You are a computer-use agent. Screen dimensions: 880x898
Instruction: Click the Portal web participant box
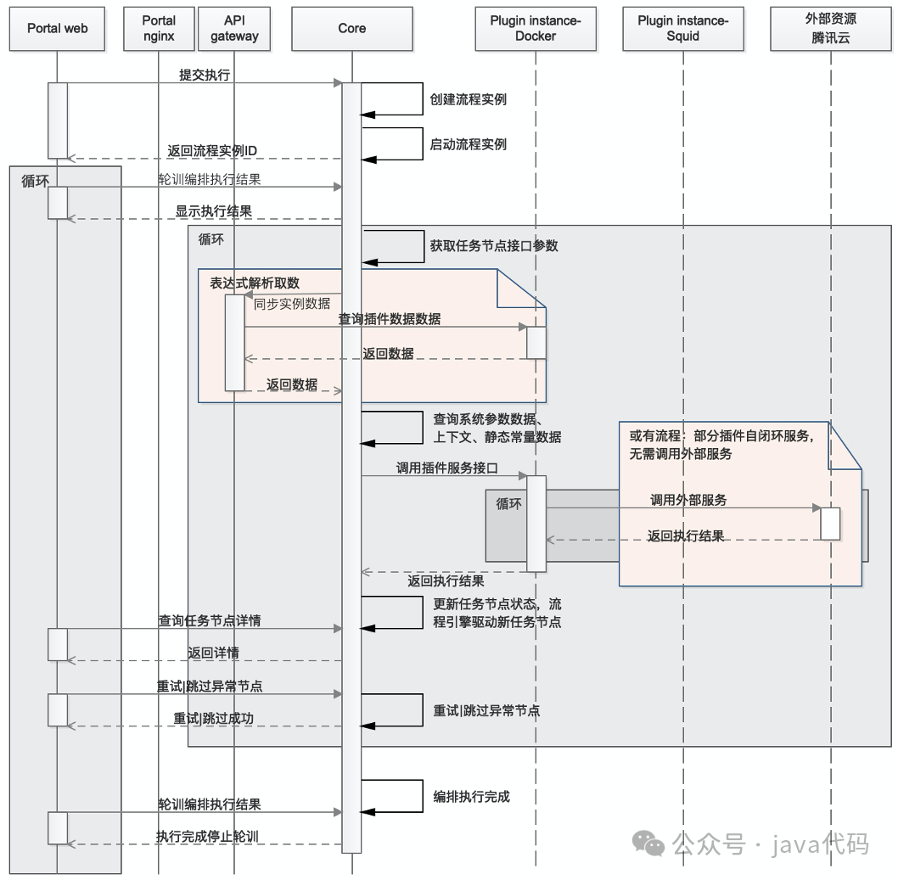tap(57, 28)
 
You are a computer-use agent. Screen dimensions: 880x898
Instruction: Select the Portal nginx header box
tap(159, 28)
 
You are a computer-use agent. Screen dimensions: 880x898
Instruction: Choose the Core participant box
tap(351, 28)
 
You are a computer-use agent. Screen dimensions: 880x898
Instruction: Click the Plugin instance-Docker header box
tap(536, 28)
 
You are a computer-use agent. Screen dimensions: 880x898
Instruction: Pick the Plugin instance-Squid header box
tap(683, 28)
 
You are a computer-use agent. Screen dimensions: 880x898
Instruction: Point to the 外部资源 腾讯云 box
tap(831, 28)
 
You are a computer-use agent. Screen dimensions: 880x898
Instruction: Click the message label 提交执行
tap(205, 75)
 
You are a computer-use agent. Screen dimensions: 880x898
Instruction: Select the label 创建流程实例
tap(469, 99)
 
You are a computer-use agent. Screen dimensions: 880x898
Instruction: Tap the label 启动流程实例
tap(469, 144)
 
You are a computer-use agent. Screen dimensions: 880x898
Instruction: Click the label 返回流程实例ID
tap(212, 151)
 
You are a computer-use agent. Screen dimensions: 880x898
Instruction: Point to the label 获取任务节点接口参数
tap(494, 246)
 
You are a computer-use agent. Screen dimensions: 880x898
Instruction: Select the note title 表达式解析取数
tap(255, 283)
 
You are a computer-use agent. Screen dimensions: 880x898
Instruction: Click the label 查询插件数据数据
tap(390, 319)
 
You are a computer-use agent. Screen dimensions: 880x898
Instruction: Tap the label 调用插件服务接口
tap(446, 468)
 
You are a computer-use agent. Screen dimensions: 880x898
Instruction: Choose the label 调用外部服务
tap(688, 500)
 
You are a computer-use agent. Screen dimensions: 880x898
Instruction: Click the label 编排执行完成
tap(472, 797)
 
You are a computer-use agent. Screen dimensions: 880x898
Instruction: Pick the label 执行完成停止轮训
tap(207, 837)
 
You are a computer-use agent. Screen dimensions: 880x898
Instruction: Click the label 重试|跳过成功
tap(214, 718)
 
